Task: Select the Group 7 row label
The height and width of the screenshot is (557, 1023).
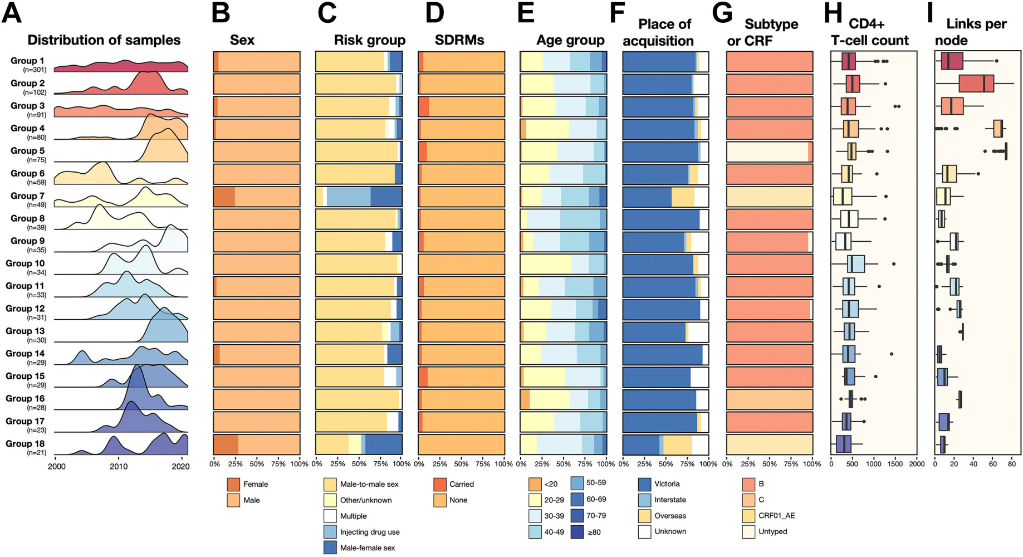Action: point(27,196)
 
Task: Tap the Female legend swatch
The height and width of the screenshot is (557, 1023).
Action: point(234,485)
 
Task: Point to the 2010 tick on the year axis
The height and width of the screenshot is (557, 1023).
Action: point(118,466)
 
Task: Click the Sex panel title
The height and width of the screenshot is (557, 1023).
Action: point(242,40)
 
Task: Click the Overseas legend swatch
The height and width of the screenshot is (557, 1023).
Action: point(644,516)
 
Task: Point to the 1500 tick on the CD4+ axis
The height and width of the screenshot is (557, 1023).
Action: point(894,464)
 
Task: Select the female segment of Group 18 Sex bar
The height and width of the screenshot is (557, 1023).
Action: point(226,444)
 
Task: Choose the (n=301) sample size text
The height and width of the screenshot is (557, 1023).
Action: point(35,70)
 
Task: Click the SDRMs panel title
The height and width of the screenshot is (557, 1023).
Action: point(459,40)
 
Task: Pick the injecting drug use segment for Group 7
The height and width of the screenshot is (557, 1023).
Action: point(348,197)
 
